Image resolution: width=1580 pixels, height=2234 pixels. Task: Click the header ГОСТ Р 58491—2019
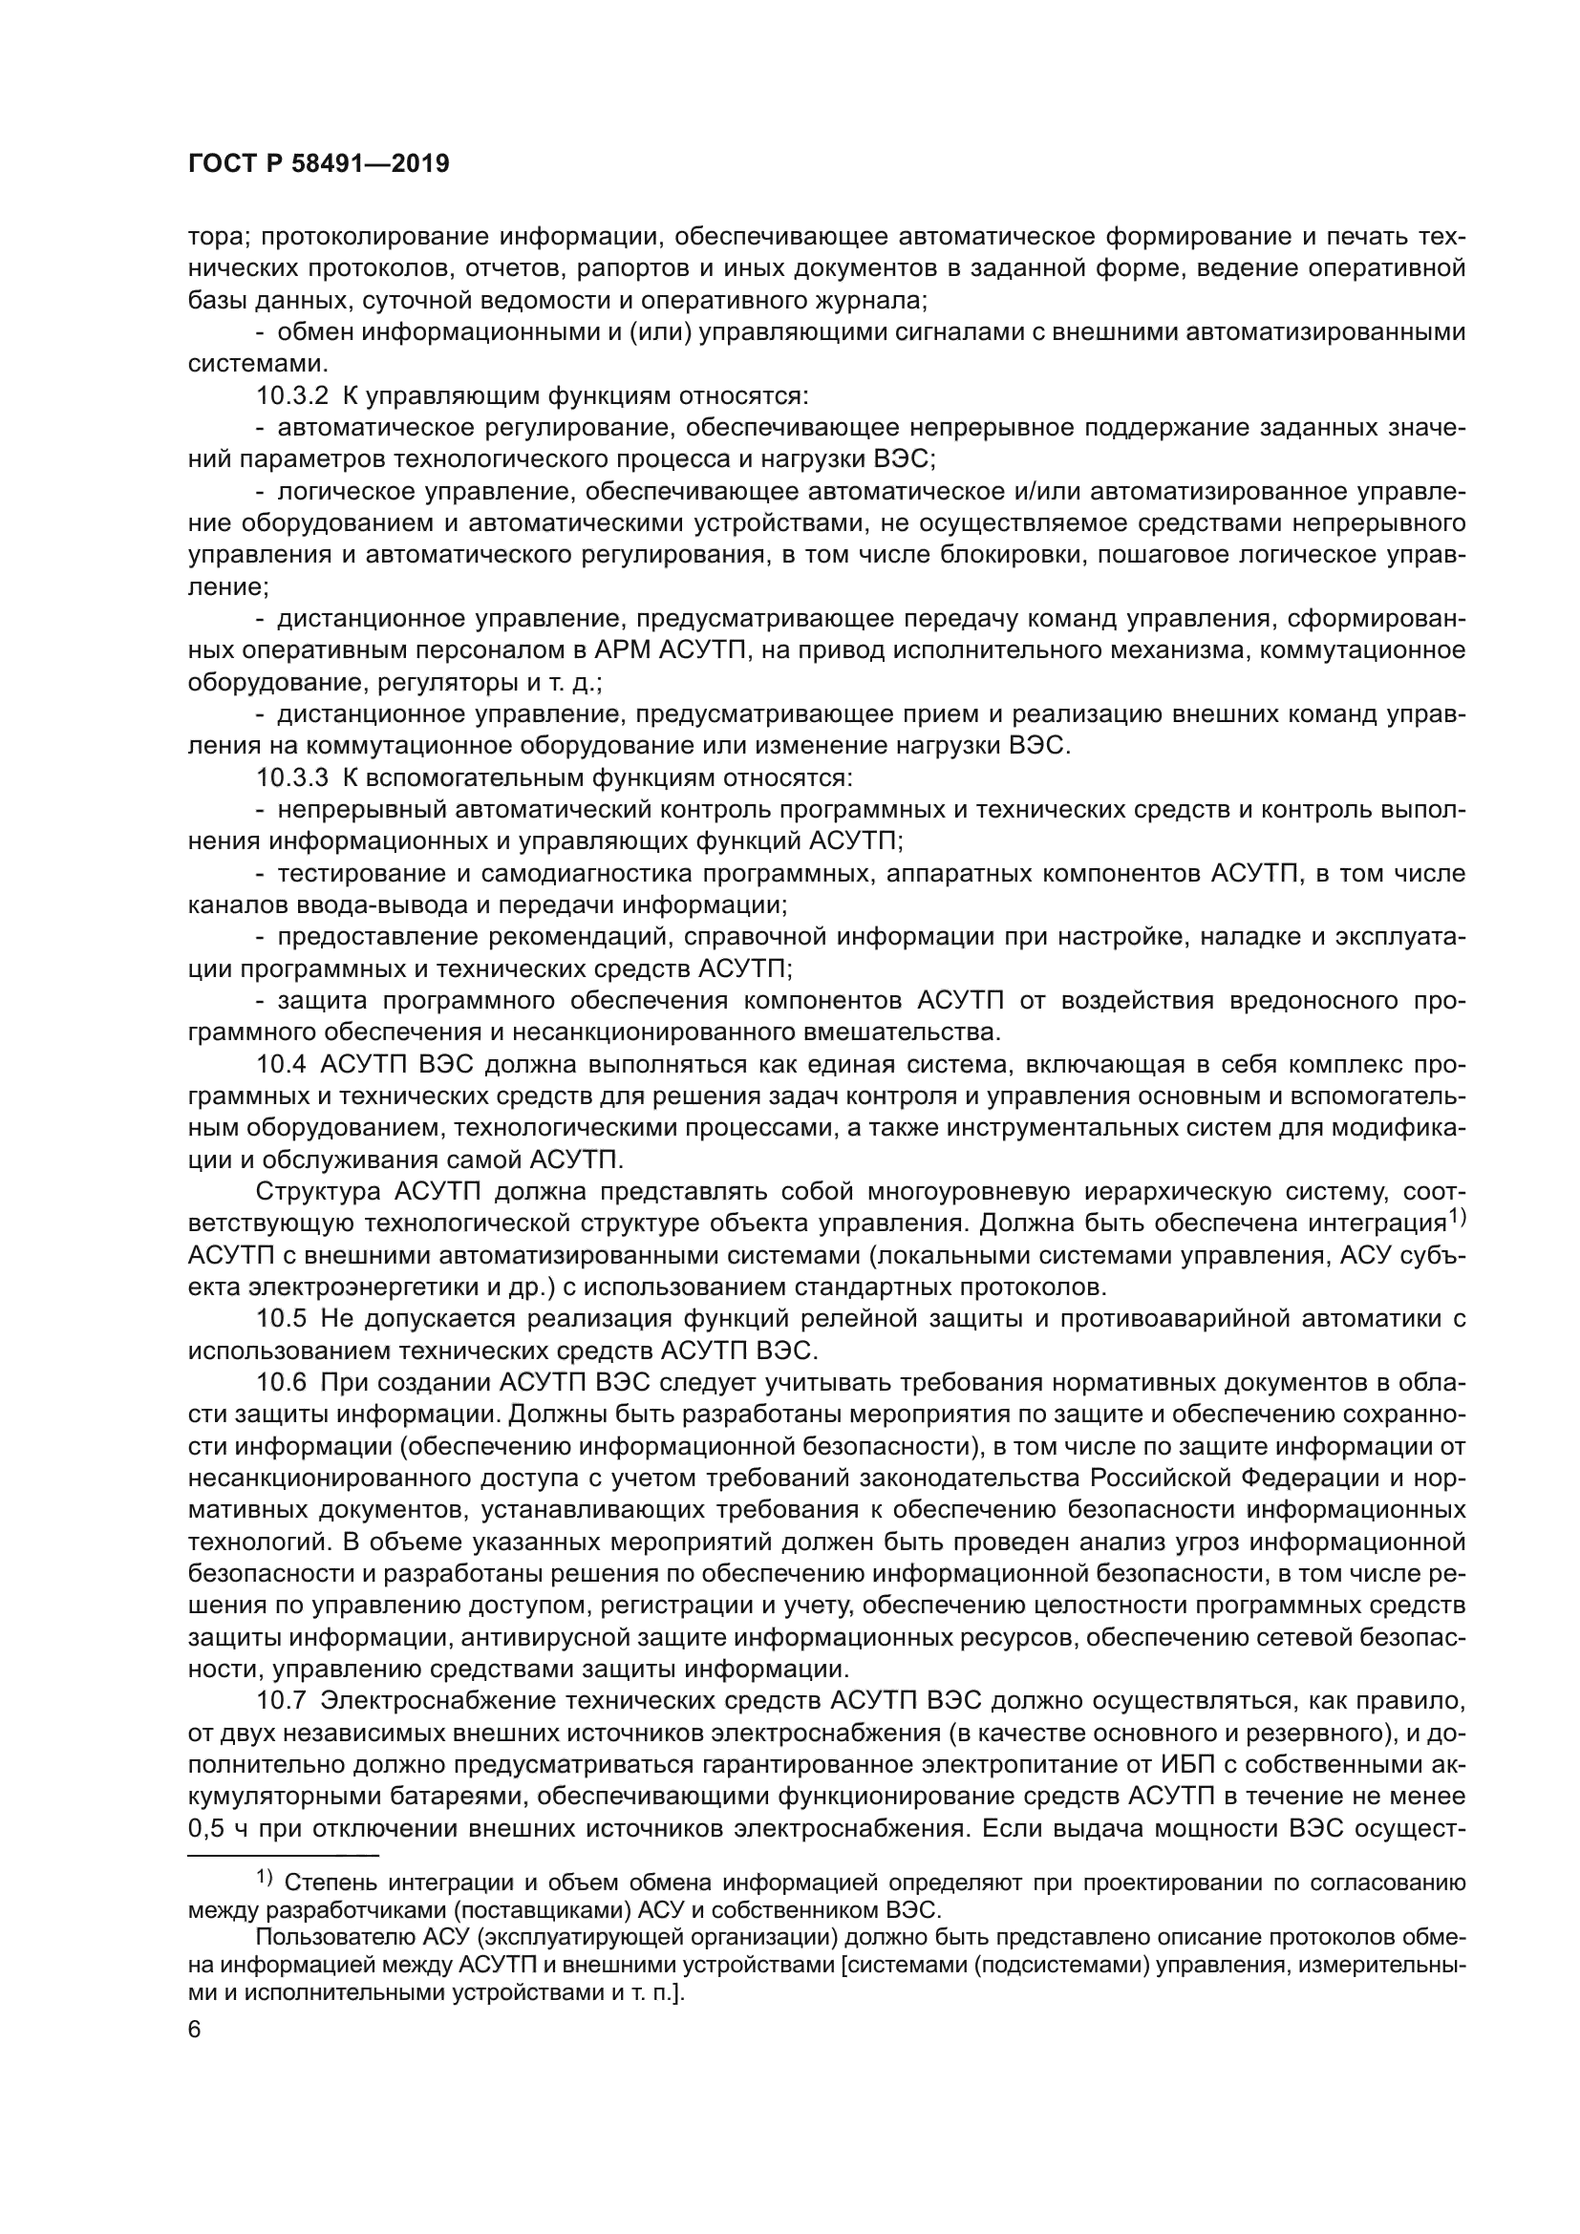318,164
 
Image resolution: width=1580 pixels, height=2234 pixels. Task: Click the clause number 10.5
281,1319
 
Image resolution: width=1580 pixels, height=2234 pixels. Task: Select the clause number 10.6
281,1383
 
